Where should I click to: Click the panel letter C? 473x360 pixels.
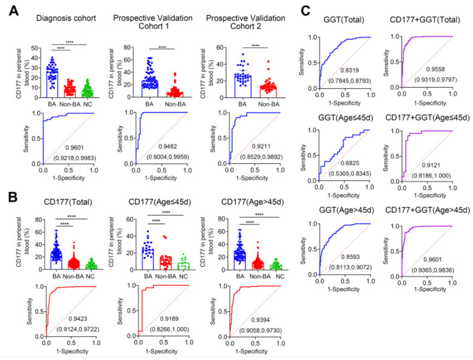[x=306, y=10]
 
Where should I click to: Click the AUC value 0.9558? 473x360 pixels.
[x=432, y=70]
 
